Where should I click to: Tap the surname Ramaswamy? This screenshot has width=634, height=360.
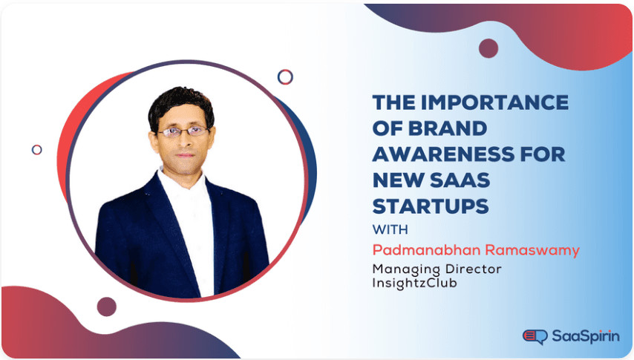tap(536, 250)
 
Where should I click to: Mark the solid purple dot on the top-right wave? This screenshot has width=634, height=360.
tap(488, 48)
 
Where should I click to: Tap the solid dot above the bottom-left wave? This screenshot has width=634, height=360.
tap(107, 307)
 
